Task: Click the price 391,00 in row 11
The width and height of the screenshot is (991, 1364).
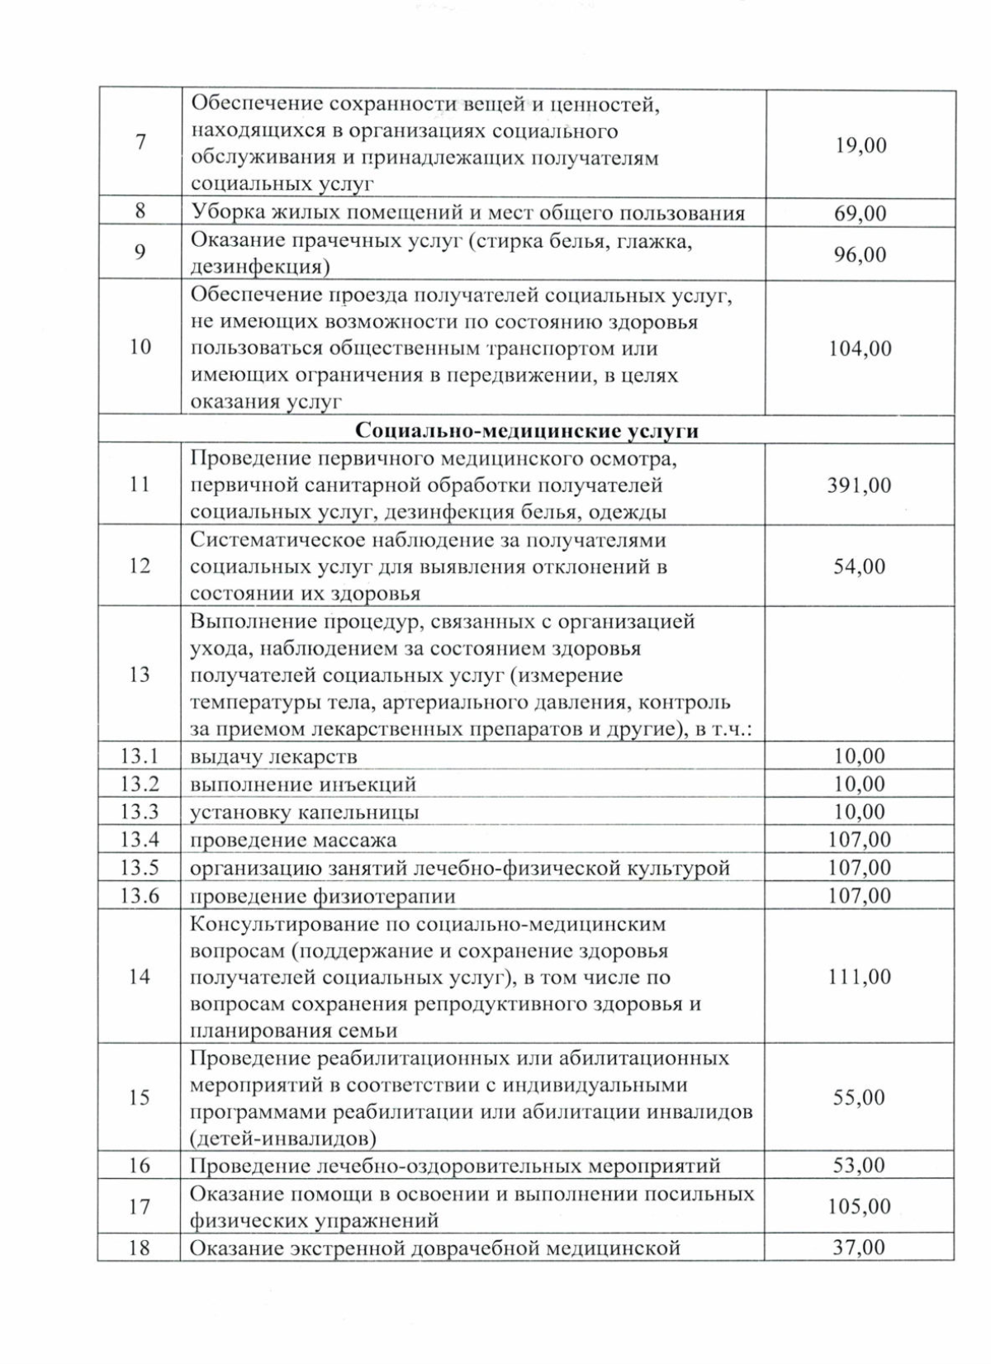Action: click(859, 485)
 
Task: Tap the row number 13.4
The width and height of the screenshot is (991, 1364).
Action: click(140, 840)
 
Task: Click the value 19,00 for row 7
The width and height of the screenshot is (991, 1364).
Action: click(860, 145)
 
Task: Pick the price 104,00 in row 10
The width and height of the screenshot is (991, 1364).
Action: click(859, 348)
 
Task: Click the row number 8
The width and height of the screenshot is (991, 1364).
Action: click(140, 211)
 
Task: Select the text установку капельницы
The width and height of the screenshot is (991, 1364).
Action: click(304, 812)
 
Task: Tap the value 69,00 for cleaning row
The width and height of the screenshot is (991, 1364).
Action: click(860, 214)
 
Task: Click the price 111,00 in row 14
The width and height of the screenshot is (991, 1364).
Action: click(859, 977)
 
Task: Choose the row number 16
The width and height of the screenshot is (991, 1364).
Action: click(140, 1165)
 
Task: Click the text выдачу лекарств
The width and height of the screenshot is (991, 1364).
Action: click(273, 756)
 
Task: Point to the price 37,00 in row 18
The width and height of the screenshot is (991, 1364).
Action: click(859, 1248)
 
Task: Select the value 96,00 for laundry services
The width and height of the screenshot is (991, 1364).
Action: click(860, 254)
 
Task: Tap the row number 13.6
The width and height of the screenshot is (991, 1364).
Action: click(140, 896)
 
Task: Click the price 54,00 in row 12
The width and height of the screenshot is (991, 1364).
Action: click(859, 566)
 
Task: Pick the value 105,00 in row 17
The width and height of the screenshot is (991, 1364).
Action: click(859, 1207)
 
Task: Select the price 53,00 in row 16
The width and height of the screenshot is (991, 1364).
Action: click(859, 1166)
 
